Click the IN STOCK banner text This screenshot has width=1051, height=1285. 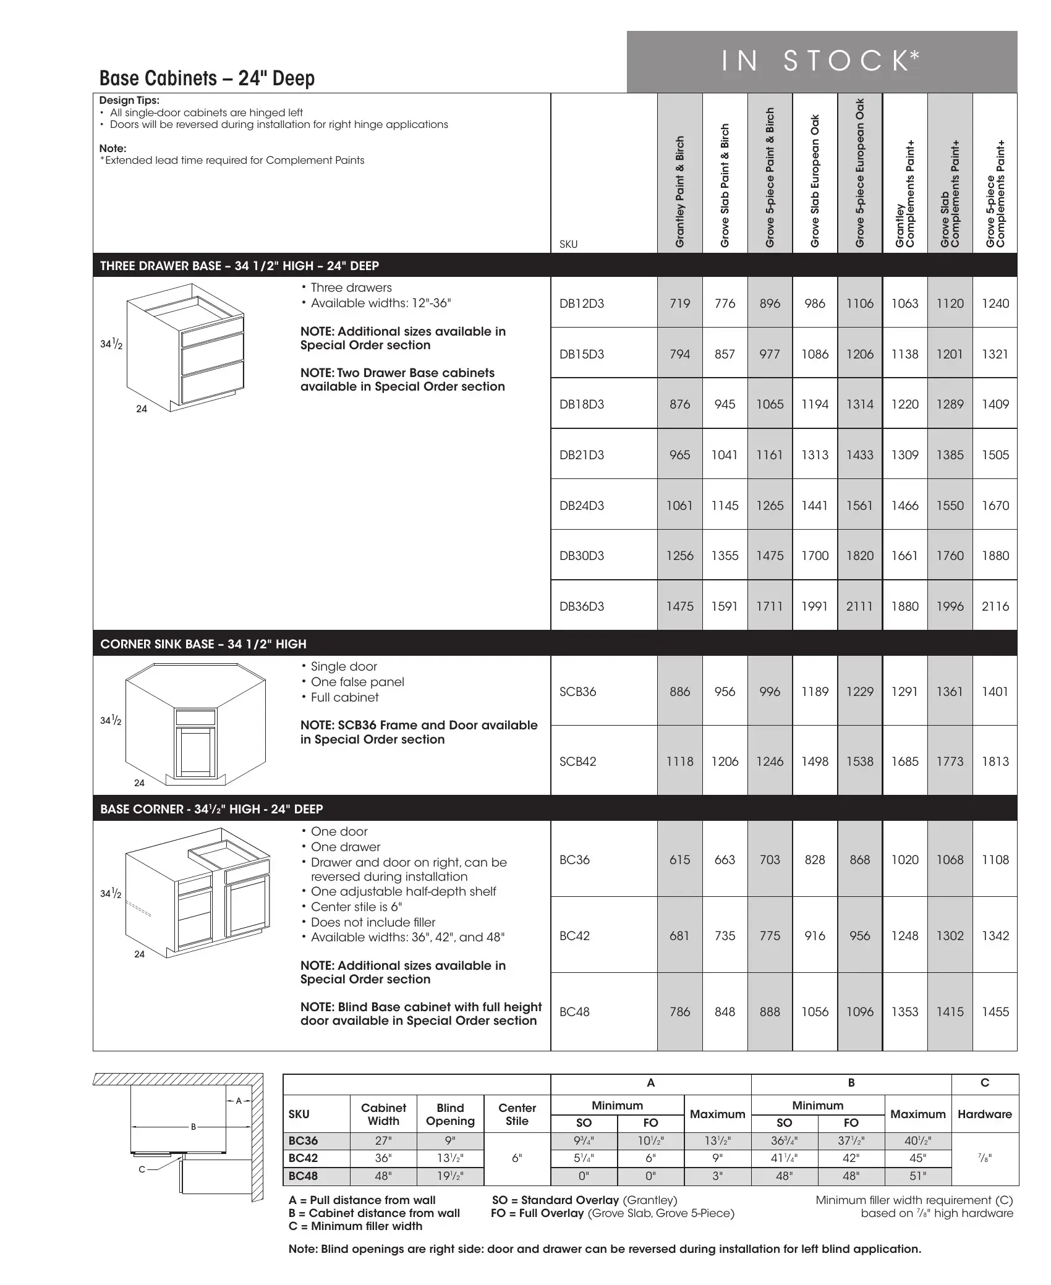pyautogui.click(x=821, y=61)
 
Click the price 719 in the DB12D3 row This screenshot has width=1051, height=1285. pyautogui.click(x=679, y=303)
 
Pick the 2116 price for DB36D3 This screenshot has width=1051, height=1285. pyautogui.click(x=995, y=606)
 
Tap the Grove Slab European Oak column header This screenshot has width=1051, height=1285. pyautogui.click(x=815, y=181)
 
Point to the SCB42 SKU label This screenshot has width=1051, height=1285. pyautogui.click(x=577, y=761)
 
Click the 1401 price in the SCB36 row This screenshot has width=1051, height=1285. pyautogui.click(x=995, y=692)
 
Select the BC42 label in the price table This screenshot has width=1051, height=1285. pyautogui.click(x=574, y=936)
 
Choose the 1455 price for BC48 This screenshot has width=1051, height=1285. pyautogui.click(x=995, y=1012)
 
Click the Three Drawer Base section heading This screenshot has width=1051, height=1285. pyautogui.click(x=239, y=266)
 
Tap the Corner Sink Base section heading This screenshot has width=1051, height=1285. pyautogui.click(x=203, y=644)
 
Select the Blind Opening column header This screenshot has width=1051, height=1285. pyautogui.click(x=450, y=1114)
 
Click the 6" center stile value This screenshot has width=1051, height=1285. pyautogui.click(x=517, y=1158)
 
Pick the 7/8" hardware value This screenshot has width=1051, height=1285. pyautogui.click(x=984, y=1158)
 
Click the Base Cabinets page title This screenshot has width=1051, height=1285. pyautogui.click(x=207, y=78)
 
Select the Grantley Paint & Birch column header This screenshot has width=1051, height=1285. pyautogui.click(x=679, y=192)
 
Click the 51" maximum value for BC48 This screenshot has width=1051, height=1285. pyautogui.click(x=917, y=1176)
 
